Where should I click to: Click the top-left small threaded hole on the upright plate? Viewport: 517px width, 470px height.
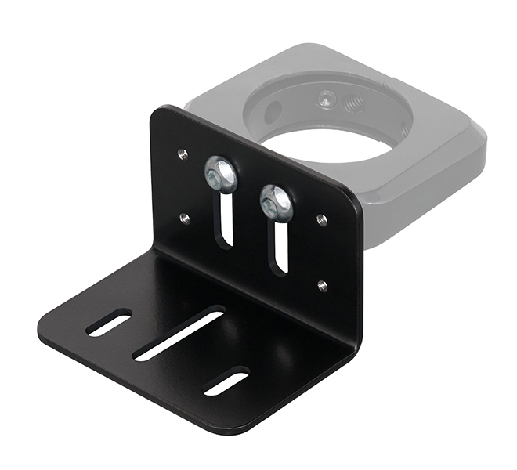coord(183,154)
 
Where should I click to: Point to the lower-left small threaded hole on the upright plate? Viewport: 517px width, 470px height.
coord(185,219)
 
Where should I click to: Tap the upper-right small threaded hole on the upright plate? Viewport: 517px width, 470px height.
coord(321,220)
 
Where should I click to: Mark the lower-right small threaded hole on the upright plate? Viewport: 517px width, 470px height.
coord(322,286)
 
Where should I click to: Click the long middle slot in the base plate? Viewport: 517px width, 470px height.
coord(179,333)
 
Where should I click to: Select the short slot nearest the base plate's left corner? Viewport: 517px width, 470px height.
coord(109,322)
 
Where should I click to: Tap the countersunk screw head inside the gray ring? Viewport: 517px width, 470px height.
coord(327,99)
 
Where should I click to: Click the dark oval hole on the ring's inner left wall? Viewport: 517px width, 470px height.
coord(272,111)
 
